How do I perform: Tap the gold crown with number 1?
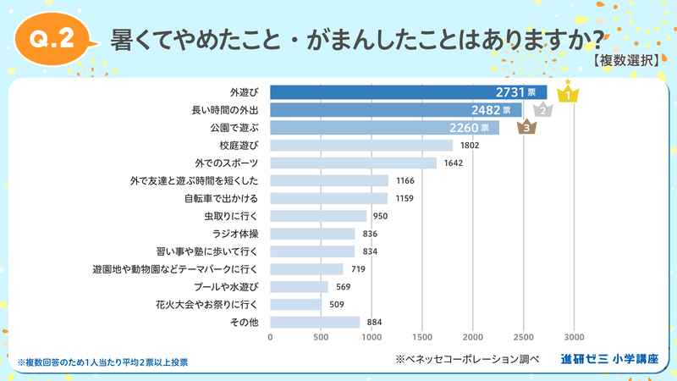pyautogui.click(x=570, y=93)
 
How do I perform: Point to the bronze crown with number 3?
pyautogui.click(x=526, y=128)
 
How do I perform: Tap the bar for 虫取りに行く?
pyautogui.click(x=318, y=216)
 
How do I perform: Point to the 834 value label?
pyautogui.click(x=369, y=251)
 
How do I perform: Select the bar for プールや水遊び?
pyautogui.click(x=299, y=287)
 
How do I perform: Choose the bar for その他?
pyautogui.click(x=315, y=322)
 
